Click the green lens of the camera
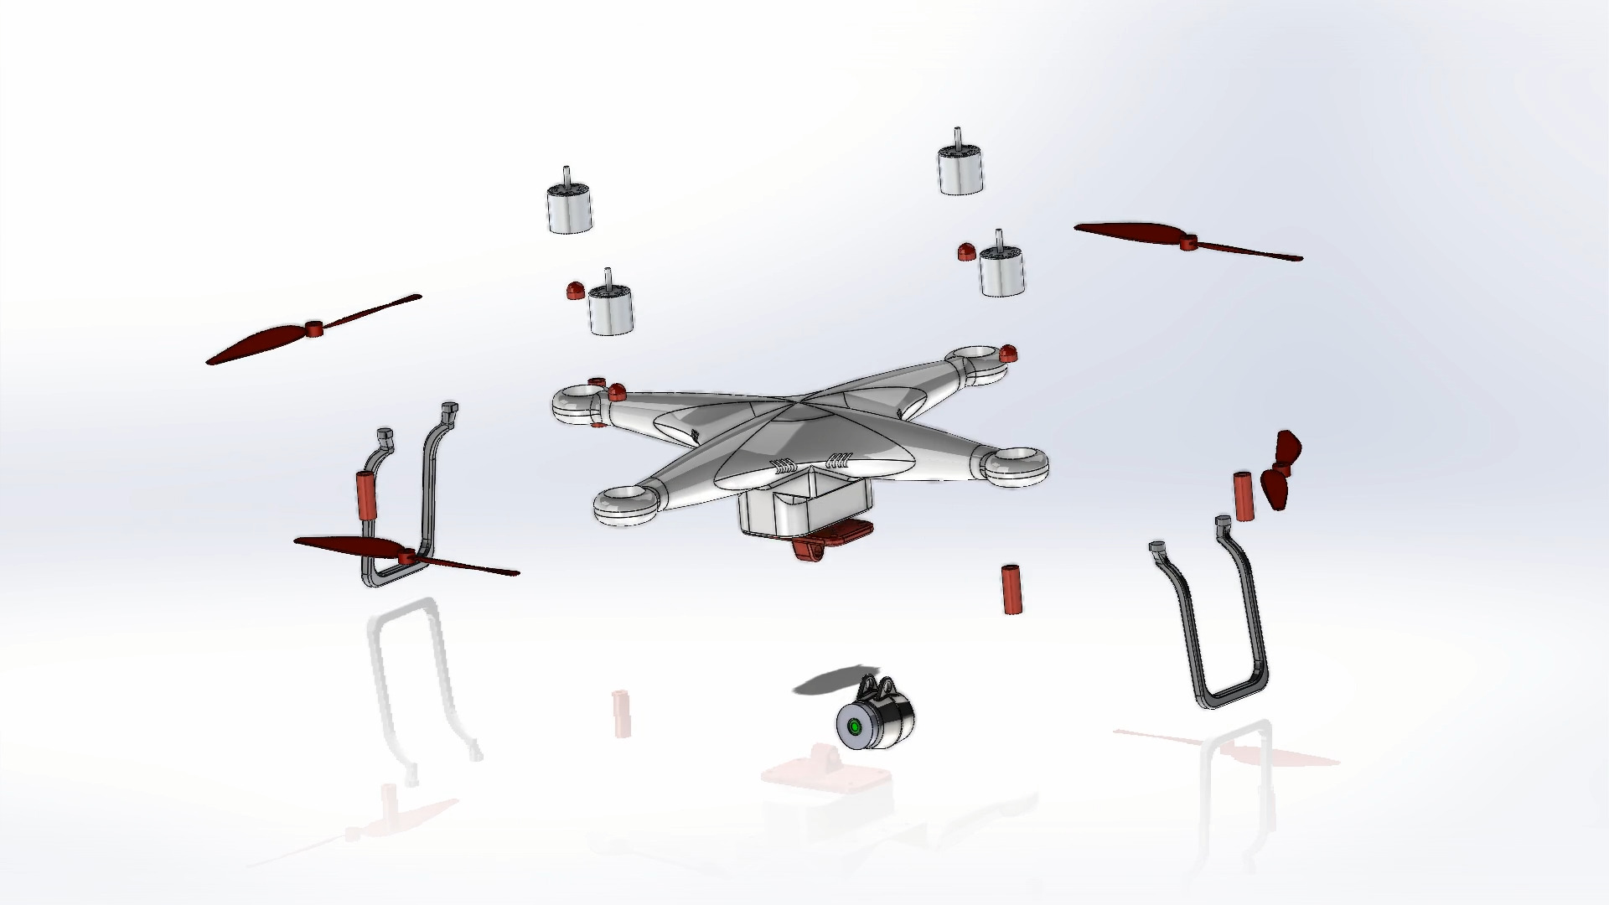854,727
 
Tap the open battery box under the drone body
800,506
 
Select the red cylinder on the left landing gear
366,494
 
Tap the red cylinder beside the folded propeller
1242,496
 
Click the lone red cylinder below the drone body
1011,589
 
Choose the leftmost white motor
569,207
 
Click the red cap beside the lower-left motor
575,291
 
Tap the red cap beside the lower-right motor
965,251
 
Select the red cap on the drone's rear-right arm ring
1009,353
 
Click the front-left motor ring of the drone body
627,506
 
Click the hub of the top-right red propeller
1186,242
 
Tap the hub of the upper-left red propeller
314,328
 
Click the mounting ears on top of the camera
876,688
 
